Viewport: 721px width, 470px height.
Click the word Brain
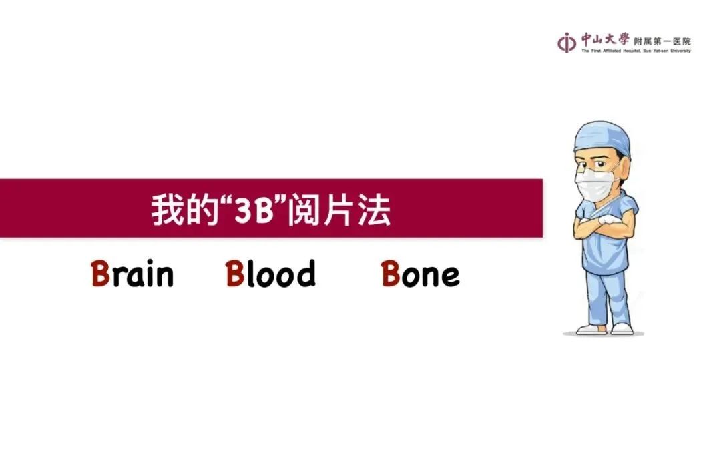pyautogui.click(x=132, y=274)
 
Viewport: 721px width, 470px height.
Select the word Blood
pyautogui.click(x=270, y=274)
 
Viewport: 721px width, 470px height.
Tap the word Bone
pyautogui.click(x=421, y=274)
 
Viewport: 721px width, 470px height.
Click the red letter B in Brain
pyautogui.click(x=100, y=274)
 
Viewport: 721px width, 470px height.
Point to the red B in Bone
pyautogui.click(x=391, y=274)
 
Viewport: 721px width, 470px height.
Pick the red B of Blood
pyautogui.click(x=235, y=274)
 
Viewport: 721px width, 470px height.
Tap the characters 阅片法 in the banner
pyautogui.click(x=339, y=210)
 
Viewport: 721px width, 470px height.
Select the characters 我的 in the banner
pyautogui.click(x=184, y=210)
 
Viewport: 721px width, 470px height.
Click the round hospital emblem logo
pyautogui.click(x=567, y=43)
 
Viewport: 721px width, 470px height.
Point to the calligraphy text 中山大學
pyautogui.click(x=605, y=39)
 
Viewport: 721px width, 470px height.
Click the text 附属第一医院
pyautogui.click(x=662, y=41)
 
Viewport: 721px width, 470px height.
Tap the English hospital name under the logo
pyautogui.click(x=636, y=51)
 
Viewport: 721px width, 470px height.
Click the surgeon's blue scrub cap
pyautogui.click(x=602, y=137)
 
